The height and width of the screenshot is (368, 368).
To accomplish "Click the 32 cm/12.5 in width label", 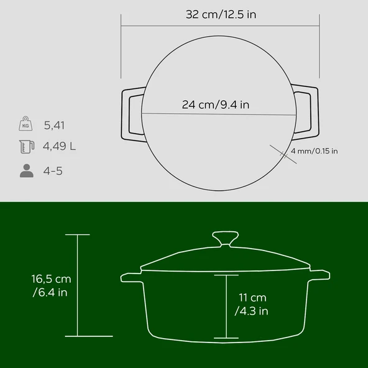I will pos(220,14).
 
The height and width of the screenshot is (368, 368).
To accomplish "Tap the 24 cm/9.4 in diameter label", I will pos(216,104).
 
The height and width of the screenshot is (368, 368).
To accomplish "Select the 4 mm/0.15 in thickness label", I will pos(314,151).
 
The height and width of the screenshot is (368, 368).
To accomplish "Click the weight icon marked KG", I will pos(25,125).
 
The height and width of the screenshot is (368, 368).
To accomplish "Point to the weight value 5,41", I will pos(55,126).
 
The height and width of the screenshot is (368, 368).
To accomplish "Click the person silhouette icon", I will pos(25,171).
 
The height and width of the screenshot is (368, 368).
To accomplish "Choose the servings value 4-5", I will pos(53,171).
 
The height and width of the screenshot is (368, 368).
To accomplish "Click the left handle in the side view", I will pos(131,276).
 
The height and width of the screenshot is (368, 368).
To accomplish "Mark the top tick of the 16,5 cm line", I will pos(78,234).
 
